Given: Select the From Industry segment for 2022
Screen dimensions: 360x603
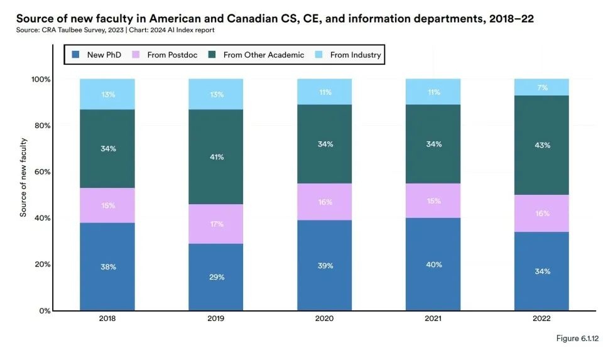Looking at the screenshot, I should [541, 87].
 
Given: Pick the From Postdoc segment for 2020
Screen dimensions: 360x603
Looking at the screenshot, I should [324, 202].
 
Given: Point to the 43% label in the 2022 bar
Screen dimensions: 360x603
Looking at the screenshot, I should [541, 145].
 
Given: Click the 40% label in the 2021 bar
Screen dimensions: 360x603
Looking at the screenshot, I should [433, 265].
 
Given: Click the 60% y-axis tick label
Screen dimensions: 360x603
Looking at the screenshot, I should [41, 172].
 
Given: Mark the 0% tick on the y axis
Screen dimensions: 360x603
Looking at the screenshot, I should [44, 310].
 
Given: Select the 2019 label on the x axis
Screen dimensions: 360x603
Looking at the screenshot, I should [215, 319].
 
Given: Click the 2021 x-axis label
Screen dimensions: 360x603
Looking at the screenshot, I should [433, 319].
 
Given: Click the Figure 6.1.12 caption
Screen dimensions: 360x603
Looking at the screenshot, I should [577, 339].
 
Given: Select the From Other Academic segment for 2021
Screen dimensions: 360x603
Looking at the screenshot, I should [433, 144].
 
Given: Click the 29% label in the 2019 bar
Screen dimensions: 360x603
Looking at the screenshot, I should [215, 277].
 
